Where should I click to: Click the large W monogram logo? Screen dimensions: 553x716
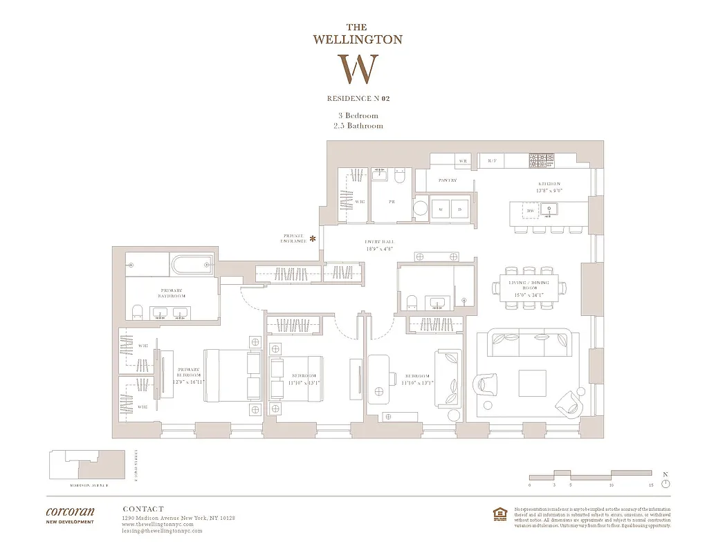click(358, 68)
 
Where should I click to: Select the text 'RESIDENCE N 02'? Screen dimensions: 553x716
click(358, 99)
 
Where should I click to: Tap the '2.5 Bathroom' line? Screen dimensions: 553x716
click(357, 126)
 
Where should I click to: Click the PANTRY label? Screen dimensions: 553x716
click(447, 180)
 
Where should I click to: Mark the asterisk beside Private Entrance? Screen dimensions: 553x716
click(313, 239)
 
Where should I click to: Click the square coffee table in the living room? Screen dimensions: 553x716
click(531, 381)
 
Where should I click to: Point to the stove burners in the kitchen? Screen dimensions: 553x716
click(542, 160)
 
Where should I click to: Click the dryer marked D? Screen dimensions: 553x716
click(459, 208)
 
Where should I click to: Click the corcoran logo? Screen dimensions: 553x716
click(70, 512)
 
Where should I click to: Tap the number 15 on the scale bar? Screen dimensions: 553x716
click(651, 486)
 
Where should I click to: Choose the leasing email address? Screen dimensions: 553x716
click(162, 530)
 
